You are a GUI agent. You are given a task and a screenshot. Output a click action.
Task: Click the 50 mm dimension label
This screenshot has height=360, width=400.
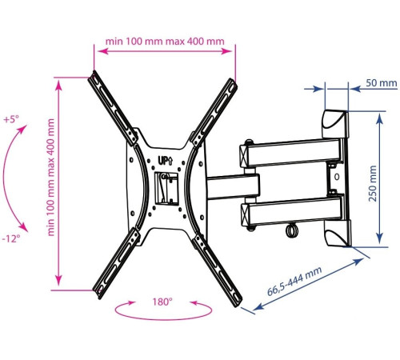[x=381, y=83]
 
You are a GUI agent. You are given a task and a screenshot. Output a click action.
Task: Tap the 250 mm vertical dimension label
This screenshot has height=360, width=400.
[x=373, y=183]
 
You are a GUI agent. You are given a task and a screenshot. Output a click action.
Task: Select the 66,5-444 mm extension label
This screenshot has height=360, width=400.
[x=294, y=281]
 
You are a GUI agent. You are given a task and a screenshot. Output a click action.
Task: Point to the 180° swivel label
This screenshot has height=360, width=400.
[x=162, y=302]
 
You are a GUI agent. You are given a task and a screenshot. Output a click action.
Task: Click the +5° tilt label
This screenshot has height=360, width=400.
[x=11, y=119]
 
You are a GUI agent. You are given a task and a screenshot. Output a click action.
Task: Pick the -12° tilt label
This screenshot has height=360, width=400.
[x=11, y=238]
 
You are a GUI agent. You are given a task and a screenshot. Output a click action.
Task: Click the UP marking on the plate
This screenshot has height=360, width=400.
[x=166, y=161]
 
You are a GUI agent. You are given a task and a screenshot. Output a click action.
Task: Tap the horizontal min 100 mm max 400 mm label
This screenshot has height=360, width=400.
[x=165, y=42]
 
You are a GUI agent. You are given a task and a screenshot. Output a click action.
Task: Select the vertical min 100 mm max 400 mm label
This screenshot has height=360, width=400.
[x=50, y=178]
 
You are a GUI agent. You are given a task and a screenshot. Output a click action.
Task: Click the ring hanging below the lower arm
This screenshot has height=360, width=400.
[x=291, y=230]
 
